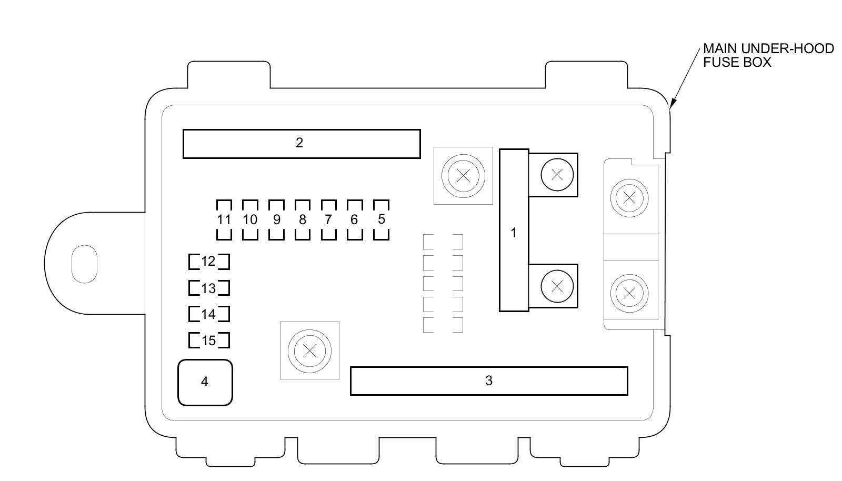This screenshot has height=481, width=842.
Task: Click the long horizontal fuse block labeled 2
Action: pyautogui.click(x=302, y=143)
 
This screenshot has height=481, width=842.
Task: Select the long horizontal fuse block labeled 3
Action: pyautogui.click(x=488, y=380)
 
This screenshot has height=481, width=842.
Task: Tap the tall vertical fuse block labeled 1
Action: pyautogui.click(x=514, y=231)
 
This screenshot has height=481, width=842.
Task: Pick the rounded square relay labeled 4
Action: pyautogui.click(x=205, y=382)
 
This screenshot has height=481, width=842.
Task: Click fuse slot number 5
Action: pyautogui.click(x=381, y=219)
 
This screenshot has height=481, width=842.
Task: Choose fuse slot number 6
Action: pyautogui.click(x=355, y=219)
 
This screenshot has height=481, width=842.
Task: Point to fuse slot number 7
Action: pyautogui.click(x=328, y=219)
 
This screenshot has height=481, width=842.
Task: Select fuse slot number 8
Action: pyautogui.click(x=302, y=219)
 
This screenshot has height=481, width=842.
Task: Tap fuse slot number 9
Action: pyautogui.click(x=276, y=219)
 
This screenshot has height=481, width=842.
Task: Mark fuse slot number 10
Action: pyautogui.click(x=250, y=219)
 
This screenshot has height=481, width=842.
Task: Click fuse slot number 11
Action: pyautogui.click(x=224, y=219)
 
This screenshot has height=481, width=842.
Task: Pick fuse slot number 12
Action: pyautogui.click(x=209, y=262)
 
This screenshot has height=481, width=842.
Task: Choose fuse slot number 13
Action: pyautogui.click(x=209, y=288)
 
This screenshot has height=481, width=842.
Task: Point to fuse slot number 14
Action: pyautogui.click(x=209, y=314)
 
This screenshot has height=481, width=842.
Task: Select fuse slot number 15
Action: pyautogui.click(x=209, y=340)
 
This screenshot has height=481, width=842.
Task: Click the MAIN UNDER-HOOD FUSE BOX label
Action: pyautogui.click(x=768, y=55)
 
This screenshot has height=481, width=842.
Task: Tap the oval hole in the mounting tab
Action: pyautogui.click(x=84, y=264)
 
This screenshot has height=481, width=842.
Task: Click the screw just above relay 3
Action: pyautogui.click(x=309, y=350)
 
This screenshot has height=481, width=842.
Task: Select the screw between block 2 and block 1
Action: pyautogui.click(x=463, y=176)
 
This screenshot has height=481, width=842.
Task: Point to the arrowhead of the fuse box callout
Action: pyautogui.click(x=671, y=107)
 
